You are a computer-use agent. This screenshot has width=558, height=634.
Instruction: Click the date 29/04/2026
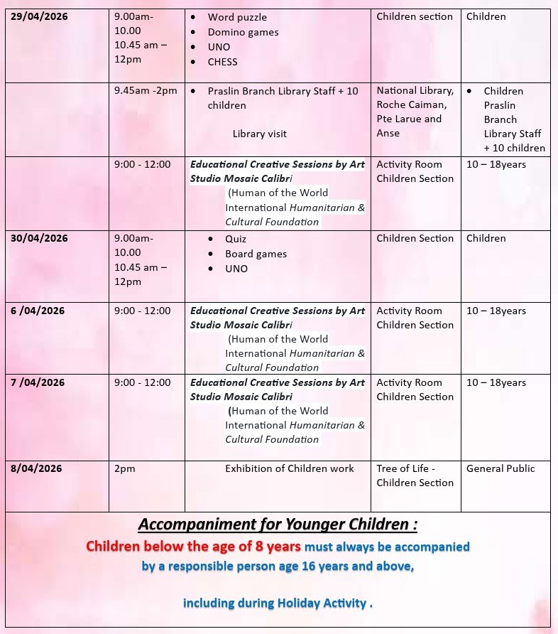[39, 16]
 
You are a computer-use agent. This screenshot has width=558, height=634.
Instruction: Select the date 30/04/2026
[39, 238]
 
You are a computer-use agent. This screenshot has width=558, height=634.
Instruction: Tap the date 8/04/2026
[36, 468]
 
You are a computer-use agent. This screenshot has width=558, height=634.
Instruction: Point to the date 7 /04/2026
[38, 382]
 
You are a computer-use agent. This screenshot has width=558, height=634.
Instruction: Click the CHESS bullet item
[222, 62]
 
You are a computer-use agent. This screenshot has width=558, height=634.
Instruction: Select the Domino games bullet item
[243, 32]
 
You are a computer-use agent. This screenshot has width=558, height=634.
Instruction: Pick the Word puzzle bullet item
[237, 17]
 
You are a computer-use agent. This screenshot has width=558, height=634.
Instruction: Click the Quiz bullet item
[236, 239]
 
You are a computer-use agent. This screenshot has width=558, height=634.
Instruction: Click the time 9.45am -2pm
[146, 91]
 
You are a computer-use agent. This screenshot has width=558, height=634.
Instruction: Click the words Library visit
[259, 134]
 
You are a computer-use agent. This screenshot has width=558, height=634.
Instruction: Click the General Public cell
[500, 468]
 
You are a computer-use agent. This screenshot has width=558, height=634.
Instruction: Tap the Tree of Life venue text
[415, 476]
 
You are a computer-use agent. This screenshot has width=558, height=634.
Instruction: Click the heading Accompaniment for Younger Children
[278, 525]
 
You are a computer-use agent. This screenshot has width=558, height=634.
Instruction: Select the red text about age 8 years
[193, 547]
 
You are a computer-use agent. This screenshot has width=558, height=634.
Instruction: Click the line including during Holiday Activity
[278, 603]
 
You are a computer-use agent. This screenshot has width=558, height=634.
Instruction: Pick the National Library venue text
[415, 91]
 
